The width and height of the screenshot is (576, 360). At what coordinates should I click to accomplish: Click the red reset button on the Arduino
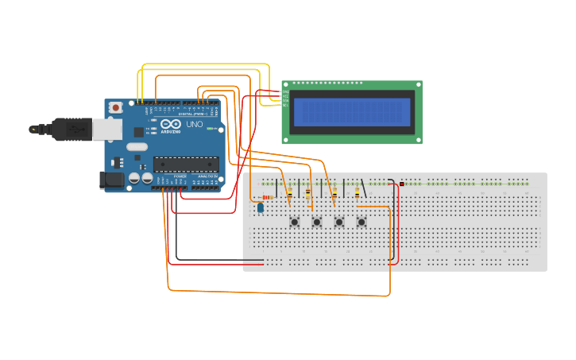tap(116, 106)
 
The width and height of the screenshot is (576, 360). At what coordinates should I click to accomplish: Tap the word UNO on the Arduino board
tap(195, 124)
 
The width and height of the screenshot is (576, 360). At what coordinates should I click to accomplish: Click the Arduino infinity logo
tap(171, 125)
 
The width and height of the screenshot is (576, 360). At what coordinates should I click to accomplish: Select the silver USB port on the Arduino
tap(106, 129)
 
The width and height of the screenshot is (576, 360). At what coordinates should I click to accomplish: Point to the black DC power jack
tap(112, 180)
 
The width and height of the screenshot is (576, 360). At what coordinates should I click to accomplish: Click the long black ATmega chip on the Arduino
tap(186, 165)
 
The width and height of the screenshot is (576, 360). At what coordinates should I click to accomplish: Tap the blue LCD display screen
tap(352, 112)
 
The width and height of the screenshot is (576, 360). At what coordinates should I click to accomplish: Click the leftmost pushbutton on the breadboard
tap(295, 222)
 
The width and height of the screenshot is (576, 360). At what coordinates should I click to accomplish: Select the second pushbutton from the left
tap(317, 222)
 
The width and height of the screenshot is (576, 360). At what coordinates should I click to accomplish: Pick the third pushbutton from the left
tap(339, 222)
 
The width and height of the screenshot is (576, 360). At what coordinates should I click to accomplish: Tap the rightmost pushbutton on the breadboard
tap(361, 222)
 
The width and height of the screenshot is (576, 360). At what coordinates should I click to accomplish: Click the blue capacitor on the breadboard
tap(260, 207)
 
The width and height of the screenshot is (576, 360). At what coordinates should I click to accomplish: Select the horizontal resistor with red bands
tap(269, 197)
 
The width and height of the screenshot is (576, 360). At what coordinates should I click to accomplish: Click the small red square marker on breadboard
tap(402, 184)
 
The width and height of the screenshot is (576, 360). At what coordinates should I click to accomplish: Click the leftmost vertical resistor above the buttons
tap(289, 192)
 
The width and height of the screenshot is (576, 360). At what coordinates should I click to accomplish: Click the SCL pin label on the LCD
tap(285, 104)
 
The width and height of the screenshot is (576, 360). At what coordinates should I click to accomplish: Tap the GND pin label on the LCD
tap(285, 92)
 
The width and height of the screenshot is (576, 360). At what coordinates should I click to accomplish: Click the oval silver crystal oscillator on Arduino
tap(137, 146)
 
